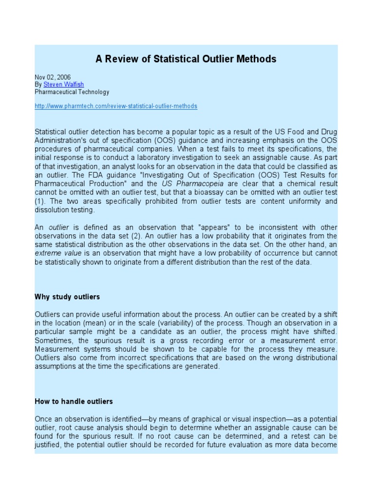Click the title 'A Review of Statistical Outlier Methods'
(x=186, y=59)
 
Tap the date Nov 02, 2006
(x=53, y=77)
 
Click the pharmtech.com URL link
(x=116, y=106)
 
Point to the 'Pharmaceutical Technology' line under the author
(x=72, y=92)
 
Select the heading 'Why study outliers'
(x=67, y=297)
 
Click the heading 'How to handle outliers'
(x=74, y=401)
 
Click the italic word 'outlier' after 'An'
(x=58, y=228)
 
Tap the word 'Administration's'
(x=60, y=140)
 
